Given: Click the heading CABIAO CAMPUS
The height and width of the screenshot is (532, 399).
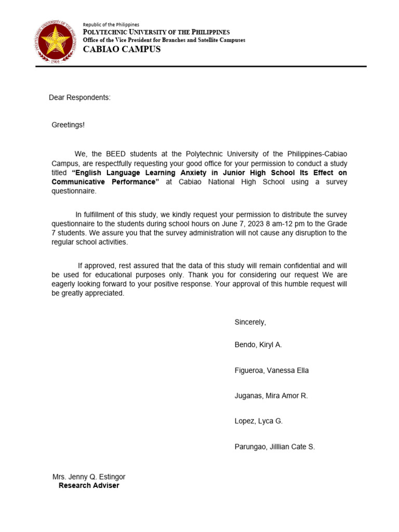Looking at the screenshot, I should pyautogui.click(x=122, y=49).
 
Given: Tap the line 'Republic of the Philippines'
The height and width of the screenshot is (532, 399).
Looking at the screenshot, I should pyautogui.click(x=111, y=24).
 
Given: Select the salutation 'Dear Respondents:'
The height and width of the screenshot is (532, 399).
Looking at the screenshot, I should pyautogui.click(x=79, y=98).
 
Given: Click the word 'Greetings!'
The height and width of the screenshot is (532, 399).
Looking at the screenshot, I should pyautogui.click(x=68, y=125).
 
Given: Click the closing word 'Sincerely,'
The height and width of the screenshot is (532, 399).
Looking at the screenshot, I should pyautogui.click(x=250, y=322).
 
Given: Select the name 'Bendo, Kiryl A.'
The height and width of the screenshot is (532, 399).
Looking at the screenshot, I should pyautogui.click(x=258, y=345).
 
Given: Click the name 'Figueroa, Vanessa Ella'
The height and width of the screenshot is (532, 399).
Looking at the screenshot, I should pyautogui.click(x=272, y=370).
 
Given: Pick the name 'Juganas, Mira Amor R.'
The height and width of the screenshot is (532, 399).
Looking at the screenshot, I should pyautogui.click(x=271, y=396).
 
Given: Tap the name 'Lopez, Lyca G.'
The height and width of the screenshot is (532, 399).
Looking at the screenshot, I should pyautogui.click(x=259, y=421).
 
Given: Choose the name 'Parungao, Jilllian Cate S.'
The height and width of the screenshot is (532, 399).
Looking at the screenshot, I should pyautogui.click(x=275, y=447).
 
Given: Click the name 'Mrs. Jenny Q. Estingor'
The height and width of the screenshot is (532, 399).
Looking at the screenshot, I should pyautogui.click(x=89, y=477).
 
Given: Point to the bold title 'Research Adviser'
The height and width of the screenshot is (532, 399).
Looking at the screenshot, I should pyautogui.click(x=89, y=486).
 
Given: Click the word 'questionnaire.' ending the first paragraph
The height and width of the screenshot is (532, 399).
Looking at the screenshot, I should pyautogui.click(x=74, y=191).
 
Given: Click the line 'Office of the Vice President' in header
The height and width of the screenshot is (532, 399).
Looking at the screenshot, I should pyautogui.click(x=164, y=40).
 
